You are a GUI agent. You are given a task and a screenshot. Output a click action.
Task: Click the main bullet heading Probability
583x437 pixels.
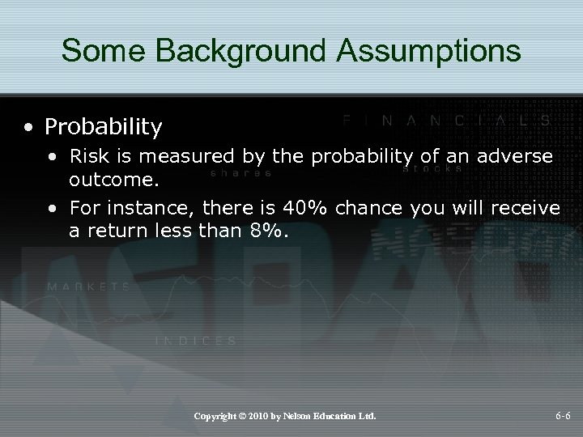(x=104, y=127)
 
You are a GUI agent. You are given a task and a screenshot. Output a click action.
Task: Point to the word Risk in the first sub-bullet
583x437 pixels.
(x=87, y=155)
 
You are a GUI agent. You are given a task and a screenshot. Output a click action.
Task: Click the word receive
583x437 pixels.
(x=526, y=209)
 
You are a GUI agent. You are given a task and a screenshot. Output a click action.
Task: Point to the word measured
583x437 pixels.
(x=175, y=155)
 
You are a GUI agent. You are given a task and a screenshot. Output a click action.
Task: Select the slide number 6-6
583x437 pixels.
(x=562, y=416)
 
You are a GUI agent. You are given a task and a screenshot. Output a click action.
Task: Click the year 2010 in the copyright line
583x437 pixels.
(x=259, y=416)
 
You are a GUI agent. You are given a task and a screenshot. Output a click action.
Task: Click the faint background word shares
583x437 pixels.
(x=240, y=172)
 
